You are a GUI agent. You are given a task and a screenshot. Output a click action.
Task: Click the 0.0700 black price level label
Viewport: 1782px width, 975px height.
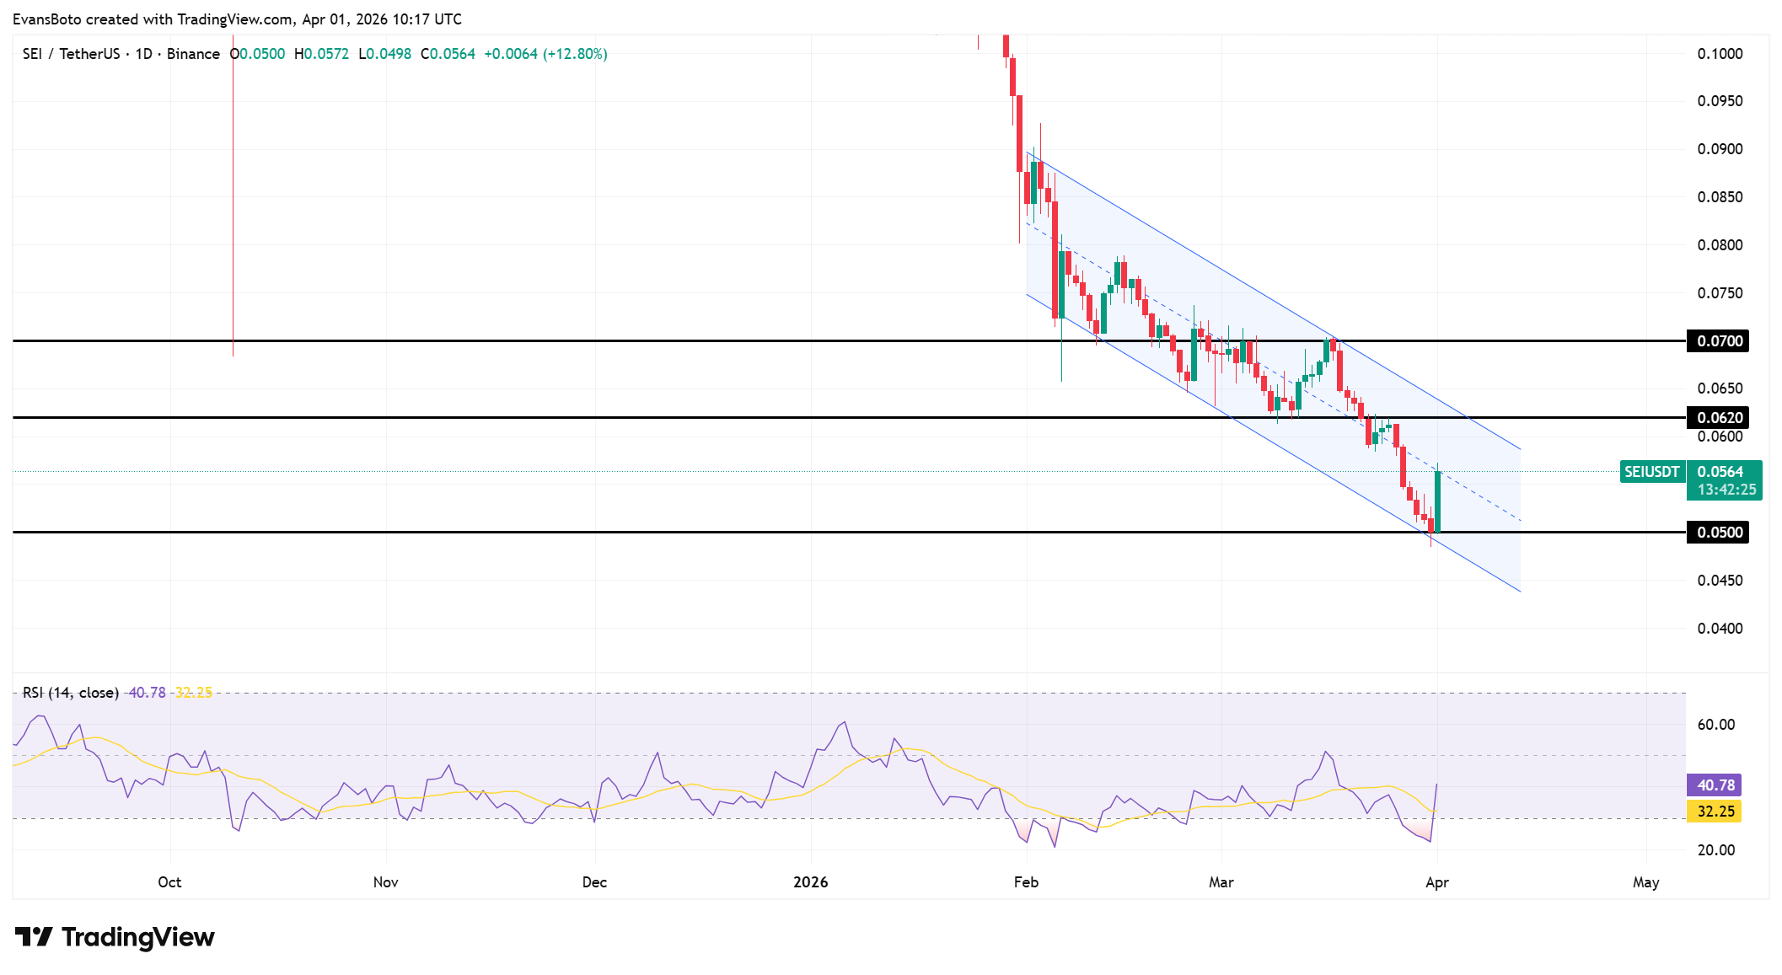tap(1718, 341)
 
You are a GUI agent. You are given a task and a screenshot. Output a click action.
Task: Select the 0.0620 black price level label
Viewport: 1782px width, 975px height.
tap(1718, 418)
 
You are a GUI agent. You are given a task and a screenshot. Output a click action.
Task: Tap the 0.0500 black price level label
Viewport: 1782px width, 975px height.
tap(1718, 533)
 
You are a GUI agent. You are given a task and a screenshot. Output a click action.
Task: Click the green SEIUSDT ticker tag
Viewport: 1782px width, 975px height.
tap(1651, 472)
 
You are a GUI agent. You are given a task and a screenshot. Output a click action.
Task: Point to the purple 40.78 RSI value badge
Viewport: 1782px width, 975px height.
tap(1715, 785)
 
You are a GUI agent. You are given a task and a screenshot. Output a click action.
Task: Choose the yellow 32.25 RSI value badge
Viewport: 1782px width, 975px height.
tap(1715, 812)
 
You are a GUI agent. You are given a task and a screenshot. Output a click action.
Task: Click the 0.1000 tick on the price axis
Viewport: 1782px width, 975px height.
tap(1720, 54)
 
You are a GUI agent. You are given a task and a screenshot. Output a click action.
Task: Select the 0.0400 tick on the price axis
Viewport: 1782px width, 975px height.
tap(1720, 629)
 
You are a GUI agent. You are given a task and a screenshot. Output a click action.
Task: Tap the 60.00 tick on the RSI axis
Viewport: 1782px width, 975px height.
tap(1716, 725)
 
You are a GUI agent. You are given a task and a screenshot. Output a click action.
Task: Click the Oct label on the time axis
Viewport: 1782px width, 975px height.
tap(169, 882)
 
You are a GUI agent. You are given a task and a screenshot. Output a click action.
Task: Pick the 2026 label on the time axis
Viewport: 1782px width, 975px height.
tap(811, 882)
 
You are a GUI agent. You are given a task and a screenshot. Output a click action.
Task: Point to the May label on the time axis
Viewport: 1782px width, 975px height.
tap(1645, 882)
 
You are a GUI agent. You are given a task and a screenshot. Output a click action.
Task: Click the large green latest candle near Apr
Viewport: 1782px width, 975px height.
tap(1437, 501)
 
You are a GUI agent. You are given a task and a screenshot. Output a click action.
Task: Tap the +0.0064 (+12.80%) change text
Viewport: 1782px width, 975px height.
tap(545, 54)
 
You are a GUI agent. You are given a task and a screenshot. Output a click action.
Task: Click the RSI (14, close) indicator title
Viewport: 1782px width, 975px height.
tap(71, 693)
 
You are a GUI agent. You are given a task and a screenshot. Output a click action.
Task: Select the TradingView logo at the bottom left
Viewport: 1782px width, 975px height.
tap(115, 937)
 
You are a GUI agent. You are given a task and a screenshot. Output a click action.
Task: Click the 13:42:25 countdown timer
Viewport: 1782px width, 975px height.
tap(1726, 490)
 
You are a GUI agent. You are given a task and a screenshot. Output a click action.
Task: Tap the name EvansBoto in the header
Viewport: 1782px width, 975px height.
tap(47, 19)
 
